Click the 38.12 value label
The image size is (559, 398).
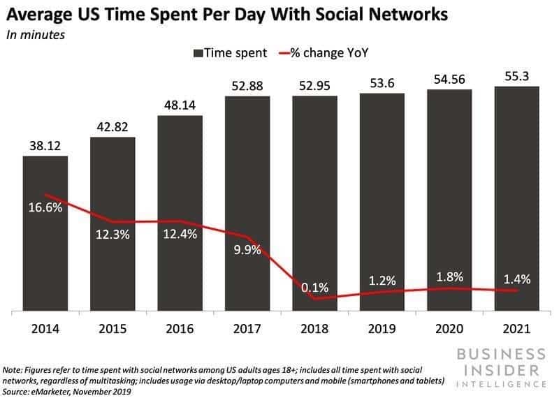[x=45, y=145]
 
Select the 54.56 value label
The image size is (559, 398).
[x=449, y=78]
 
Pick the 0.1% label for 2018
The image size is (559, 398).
[x=314, y=288]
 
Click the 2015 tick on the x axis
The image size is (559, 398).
[x=112, y=329]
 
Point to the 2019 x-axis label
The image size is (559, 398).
[x=382, y=329]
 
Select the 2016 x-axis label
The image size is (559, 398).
[x=180, y=329]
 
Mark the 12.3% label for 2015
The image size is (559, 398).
[x=112, y=235]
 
